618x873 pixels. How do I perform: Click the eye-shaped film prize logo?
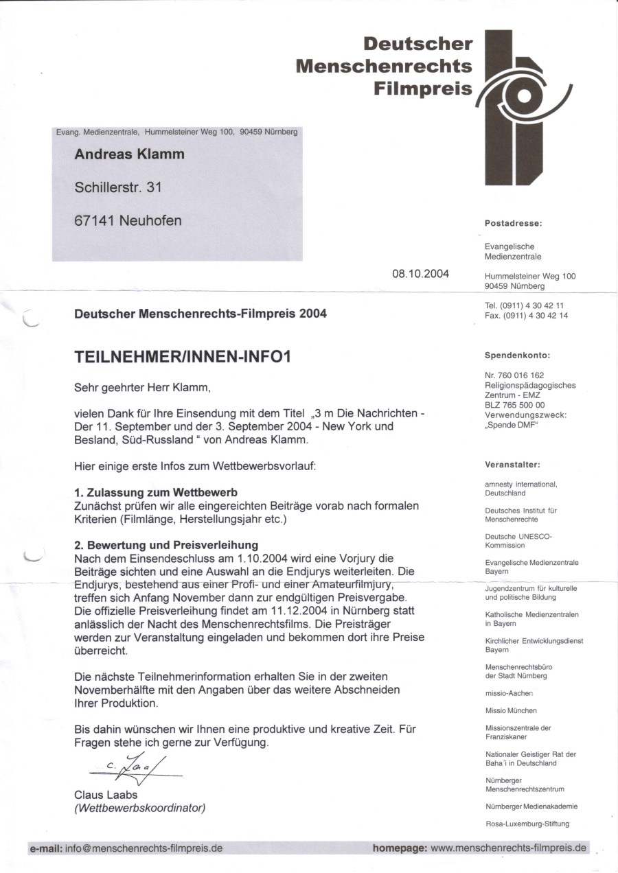click(523, 103)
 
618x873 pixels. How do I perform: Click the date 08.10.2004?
click(420, 274)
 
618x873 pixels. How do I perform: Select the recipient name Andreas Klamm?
click(129, 154)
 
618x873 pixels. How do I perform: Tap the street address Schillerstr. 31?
click(118, 187)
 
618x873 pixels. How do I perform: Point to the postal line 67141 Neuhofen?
click(128, 221)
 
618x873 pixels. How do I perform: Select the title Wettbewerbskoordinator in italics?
click(140, 808)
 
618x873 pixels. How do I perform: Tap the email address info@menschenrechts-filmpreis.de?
click(144, 848)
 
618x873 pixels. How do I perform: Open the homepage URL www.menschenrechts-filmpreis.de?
click(509, 848)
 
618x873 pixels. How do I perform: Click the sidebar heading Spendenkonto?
click(518, 356)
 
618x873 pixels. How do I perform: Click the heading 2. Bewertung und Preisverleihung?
click(166, 545)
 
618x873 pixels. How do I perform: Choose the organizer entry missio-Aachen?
click(509, 693)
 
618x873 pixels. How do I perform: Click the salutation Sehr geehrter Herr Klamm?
click(142, 388)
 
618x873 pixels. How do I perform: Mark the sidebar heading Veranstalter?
click(512, 465)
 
